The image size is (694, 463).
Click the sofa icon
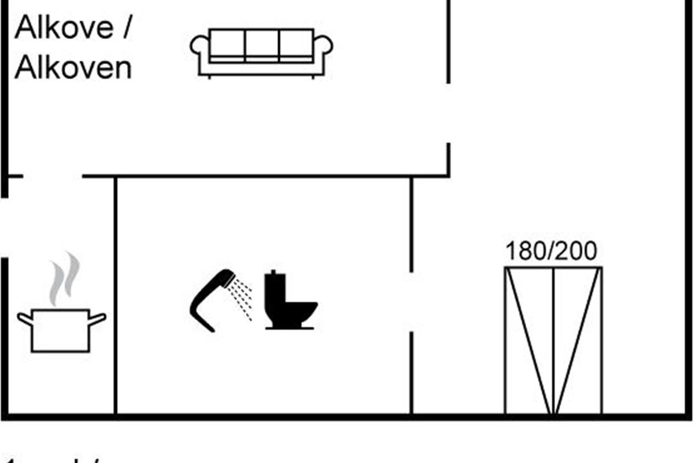tap(261, 52)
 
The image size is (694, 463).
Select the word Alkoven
tap(73, 68)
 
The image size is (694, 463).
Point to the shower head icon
tap(211, 298)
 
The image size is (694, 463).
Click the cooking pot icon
tap(61, 330)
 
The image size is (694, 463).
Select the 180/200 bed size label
tap(551, 251)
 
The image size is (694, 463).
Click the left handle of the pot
tap(24, 318)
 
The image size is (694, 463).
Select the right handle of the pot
tap(98, 318)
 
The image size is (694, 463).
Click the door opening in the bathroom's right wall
tap(411, 302)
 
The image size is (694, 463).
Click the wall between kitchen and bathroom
tap(116, 295)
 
